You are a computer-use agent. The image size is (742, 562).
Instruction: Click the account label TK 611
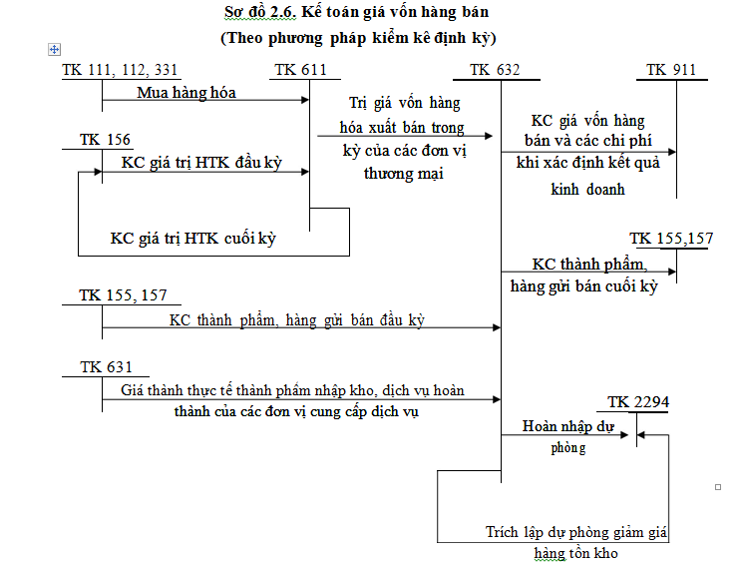coord(299,70)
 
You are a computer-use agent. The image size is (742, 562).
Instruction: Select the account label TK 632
coord(495,70)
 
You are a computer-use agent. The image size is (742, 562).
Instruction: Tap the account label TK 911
coord(671,70)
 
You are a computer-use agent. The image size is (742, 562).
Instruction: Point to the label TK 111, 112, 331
coord(120,70)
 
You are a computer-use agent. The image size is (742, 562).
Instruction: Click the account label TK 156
coord(105,140)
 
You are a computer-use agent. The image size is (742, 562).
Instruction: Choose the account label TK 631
coord(106,367)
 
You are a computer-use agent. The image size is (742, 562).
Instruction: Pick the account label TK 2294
coord(638,402)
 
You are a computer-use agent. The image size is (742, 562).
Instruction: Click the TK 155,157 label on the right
coord(671,239)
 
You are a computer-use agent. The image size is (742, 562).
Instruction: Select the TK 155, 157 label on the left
coord(124,295)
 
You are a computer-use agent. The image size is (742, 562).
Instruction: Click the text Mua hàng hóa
coord(186,93)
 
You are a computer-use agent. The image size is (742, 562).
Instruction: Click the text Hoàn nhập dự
coord(568,426)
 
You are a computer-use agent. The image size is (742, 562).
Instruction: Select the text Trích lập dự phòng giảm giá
coord(577,532)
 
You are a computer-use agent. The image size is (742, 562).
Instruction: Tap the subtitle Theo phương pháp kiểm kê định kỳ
coord(358,38)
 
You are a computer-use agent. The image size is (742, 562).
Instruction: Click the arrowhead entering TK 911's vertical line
coord(671,153)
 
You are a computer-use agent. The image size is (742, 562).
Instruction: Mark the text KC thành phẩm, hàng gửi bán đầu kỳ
coord(297,319)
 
